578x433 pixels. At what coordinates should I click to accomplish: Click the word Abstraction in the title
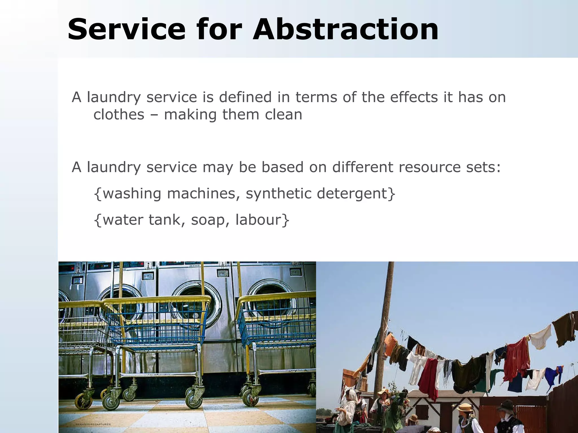tap(345, 30)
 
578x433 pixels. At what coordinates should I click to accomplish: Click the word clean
tap(283, 115)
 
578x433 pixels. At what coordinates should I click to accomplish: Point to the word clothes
tap(119, 115)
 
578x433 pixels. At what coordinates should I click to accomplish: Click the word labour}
tap(262, 220)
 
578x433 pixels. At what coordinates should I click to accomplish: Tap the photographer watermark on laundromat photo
tap(93, 424)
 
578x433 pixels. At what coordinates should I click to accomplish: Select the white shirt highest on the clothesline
tap(540, 337)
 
